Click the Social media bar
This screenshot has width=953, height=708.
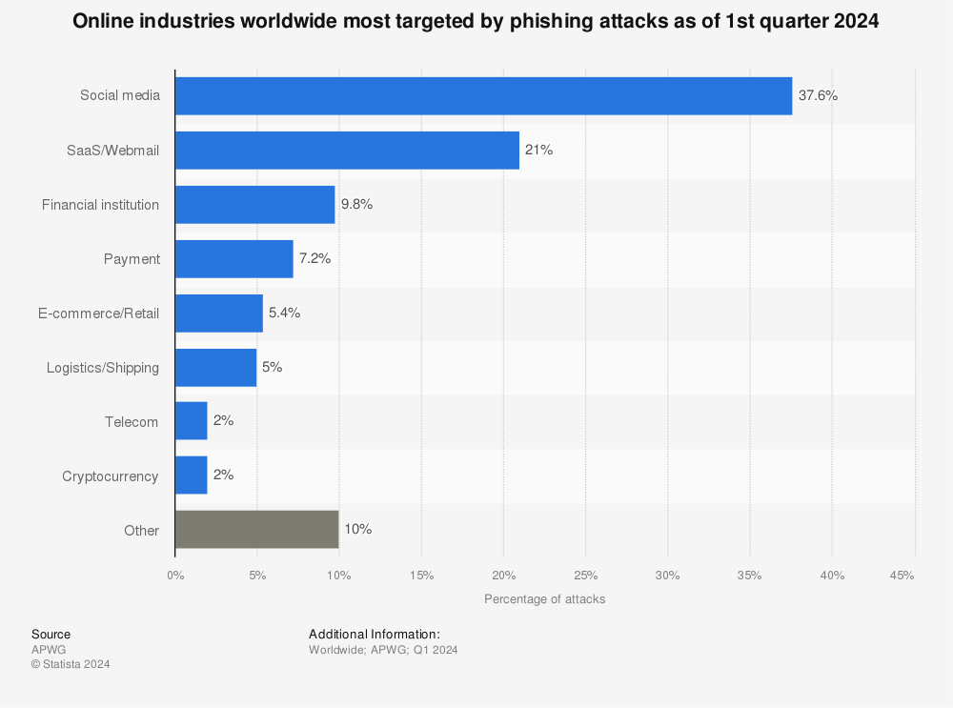pos(483,95)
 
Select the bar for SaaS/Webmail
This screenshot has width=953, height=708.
pos(347,150)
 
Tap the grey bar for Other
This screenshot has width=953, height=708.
pos(256,529)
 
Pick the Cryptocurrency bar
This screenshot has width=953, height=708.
pos(191,475)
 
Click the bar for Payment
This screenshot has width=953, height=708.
pos(233,258)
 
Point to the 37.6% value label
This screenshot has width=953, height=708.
pos(818,95)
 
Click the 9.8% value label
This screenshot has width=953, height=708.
pos(356,204)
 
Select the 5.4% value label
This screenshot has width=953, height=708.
pos(284,313)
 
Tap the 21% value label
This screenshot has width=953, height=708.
pos(538,150)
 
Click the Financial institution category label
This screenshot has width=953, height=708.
pos(100,205)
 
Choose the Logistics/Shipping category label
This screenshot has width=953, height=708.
pos(103,368)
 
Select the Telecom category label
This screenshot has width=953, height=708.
pos(132,422)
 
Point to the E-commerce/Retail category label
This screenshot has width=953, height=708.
pos(100,314)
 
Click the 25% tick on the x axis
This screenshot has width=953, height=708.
pos(585,576)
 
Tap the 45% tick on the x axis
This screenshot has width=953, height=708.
pos(902,576)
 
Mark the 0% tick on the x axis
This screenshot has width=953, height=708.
pos(175,576)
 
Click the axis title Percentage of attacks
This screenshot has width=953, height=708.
pos(544,599)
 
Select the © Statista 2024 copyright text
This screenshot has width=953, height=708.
pos(71,664)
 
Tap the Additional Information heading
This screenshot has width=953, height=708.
pos(374,634)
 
